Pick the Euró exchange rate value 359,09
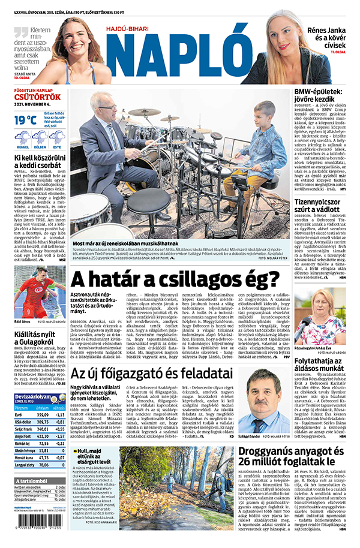43,414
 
